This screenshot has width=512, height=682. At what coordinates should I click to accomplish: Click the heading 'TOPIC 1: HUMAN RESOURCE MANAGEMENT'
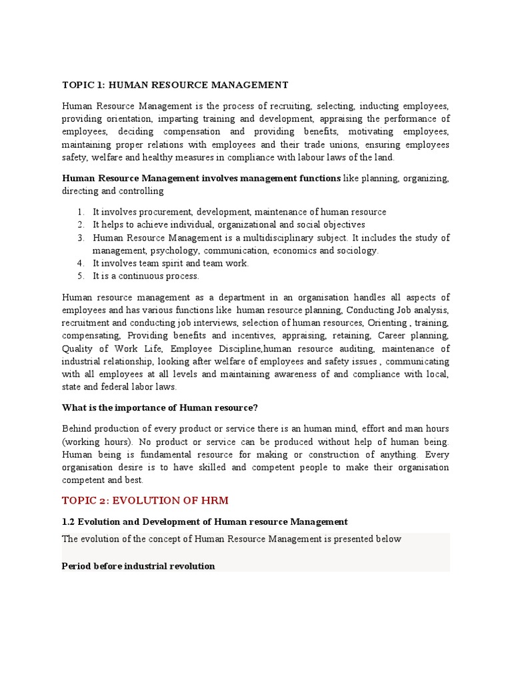click(x=175, y=85)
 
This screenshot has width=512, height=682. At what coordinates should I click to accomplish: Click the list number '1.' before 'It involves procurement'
click(x=80, y=212)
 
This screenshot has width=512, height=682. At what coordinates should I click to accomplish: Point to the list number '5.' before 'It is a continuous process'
click(x=80, y=276)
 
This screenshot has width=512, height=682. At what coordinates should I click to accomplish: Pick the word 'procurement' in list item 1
click(x=157, y=212)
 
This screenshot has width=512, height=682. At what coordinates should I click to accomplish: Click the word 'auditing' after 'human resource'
click(x=359, y=348)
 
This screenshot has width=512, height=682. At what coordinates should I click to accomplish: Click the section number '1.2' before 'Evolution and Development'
click(x=69, y=521)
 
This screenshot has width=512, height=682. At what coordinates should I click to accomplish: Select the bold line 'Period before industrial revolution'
click(x=138, y=565)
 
